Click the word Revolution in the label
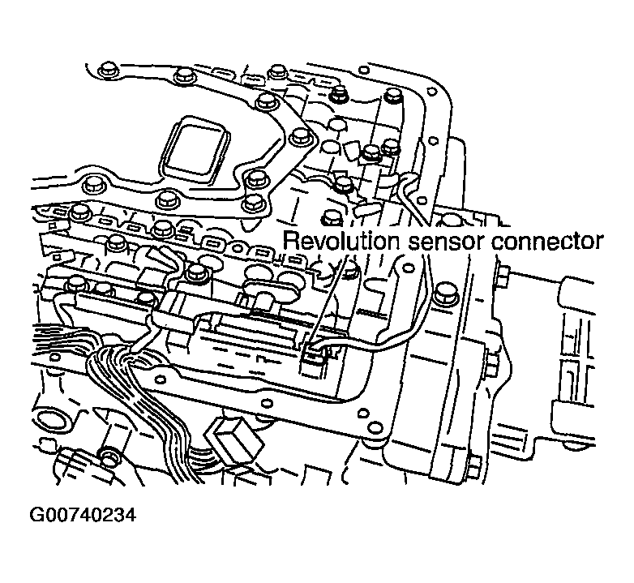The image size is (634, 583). pos(341,241)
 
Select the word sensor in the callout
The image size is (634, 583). pos(445,242)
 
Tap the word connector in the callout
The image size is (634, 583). pos(547,242)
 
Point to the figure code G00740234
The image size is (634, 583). pos(83,516)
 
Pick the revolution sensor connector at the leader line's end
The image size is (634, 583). pos(315,354)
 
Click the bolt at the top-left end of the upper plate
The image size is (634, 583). pos(107,70)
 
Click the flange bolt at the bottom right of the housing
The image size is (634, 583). pos(475,464)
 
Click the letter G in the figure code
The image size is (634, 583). pos(37,516)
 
